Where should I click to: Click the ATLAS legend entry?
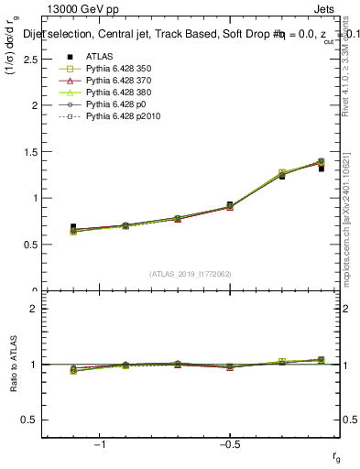[100, 56]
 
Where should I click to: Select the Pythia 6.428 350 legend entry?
[118, 69]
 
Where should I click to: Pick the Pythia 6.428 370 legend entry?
[118, 81]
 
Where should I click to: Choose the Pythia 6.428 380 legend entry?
[118, 93]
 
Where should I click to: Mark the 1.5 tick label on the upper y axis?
[30, 151]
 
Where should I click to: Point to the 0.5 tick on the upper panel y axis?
[30, 245]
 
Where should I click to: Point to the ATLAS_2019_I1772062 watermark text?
[191, 274]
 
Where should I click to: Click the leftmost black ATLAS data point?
[73, 227]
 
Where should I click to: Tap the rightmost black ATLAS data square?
[322, 169]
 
